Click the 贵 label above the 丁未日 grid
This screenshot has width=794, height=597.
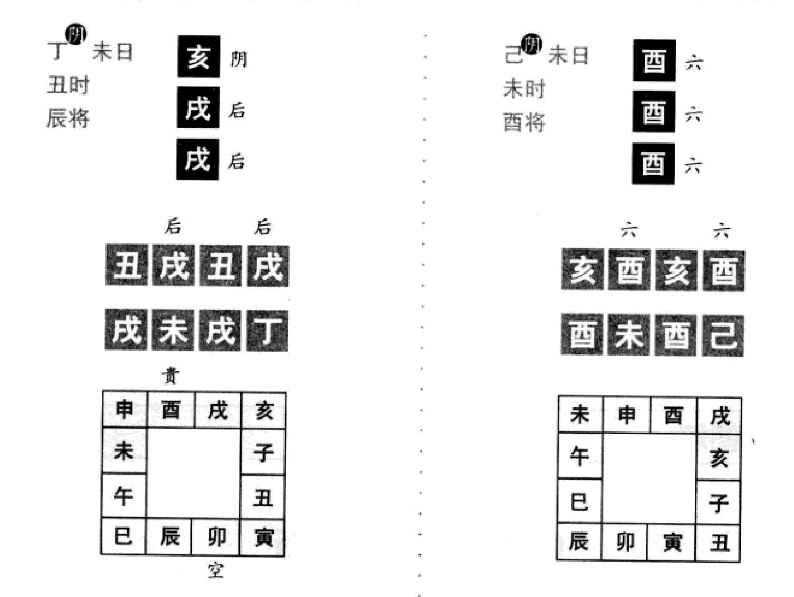click(171, 376)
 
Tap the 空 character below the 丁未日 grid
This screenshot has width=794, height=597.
click(215, 571)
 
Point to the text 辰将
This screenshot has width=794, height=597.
click(68, 118)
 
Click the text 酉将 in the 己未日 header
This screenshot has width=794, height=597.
click(524, 123)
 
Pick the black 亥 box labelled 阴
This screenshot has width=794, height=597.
click(198, 57)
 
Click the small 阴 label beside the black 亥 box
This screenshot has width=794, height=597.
click(238, 59)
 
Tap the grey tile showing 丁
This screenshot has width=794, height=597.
click(267, 331)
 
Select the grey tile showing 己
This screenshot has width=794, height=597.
click(723, 335)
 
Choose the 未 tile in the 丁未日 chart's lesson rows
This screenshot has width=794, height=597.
click(173, 331)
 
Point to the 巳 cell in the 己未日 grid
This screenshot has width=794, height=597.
click(580, 502)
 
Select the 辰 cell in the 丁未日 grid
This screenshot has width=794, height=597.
click(169, 537)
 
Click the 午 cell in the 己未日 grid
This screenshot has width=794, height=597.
click(580, 456)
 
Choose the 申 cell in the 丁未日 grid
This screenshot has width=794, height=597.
click(125, 410)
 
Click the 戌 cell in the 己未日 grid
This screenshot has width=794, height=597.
click(719, 416)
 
